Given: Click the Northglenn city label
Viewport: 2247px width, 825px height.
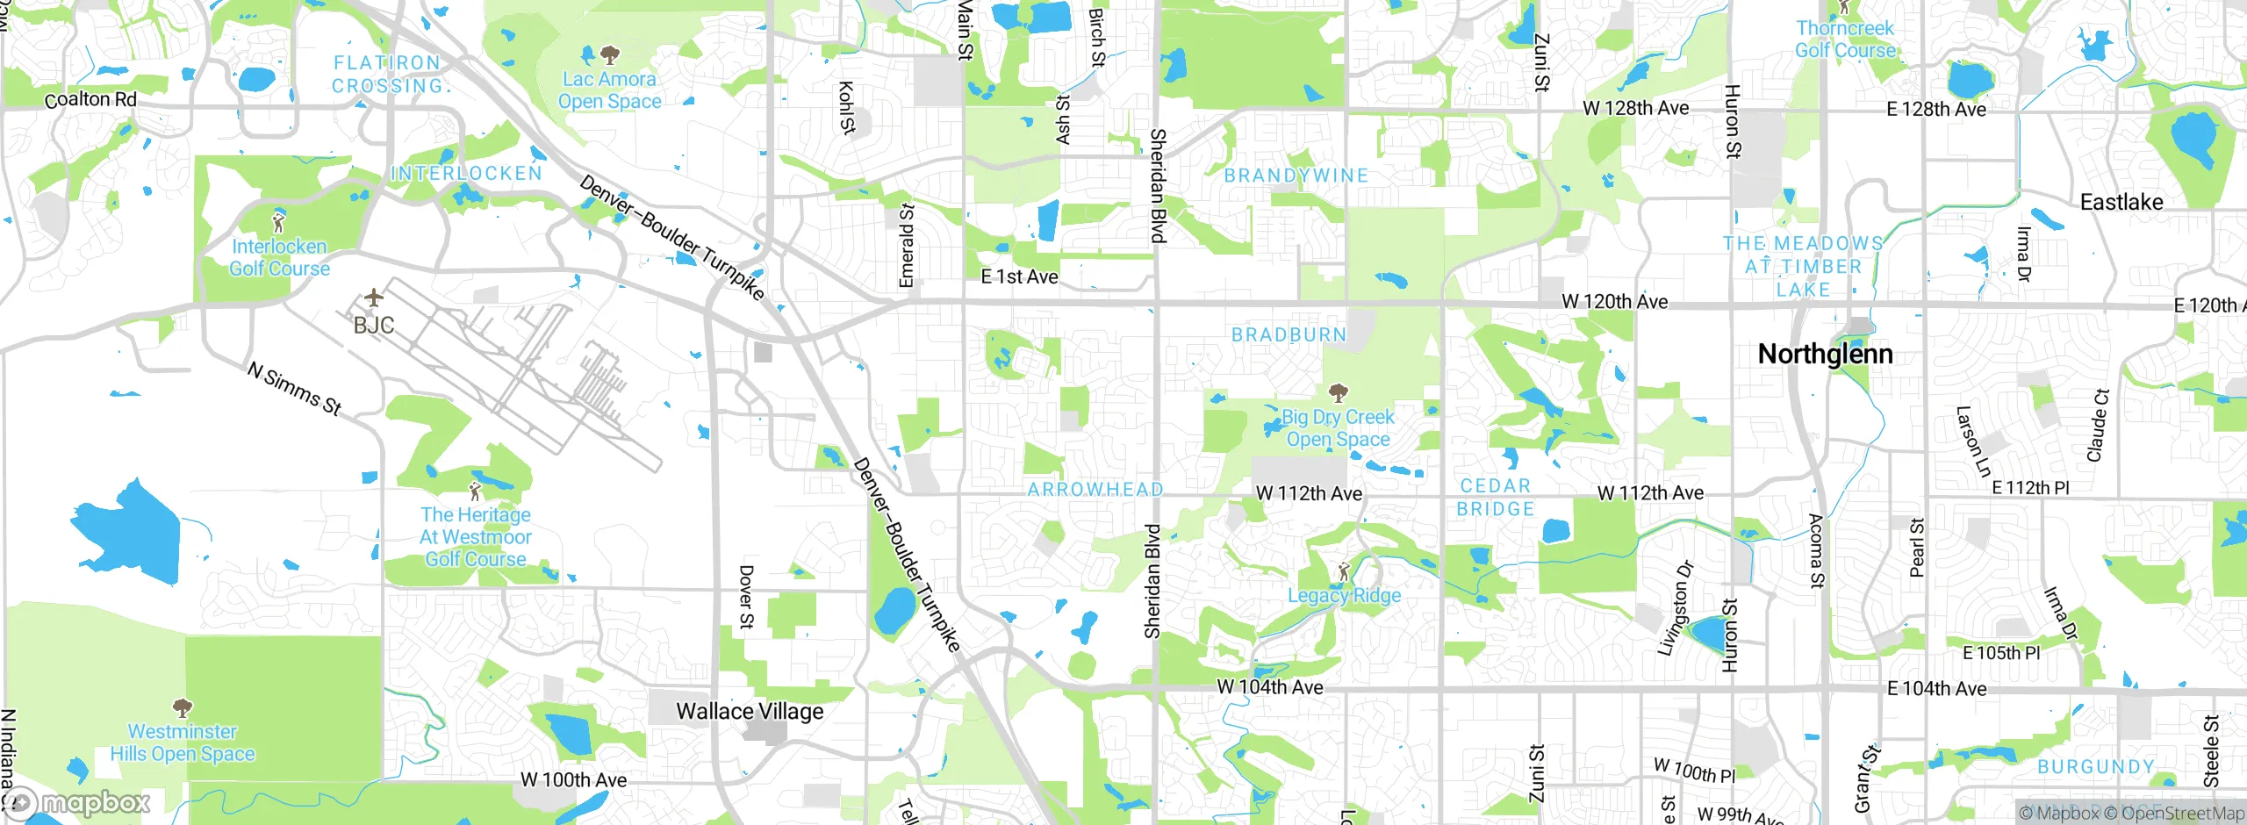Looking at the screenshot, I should [1826, 354].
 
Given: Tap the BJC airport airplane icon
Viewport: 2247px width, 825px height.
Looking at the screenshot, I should [374, 298].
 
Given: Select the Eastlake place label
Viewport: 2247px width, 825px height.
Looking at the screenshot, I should [2121, 202].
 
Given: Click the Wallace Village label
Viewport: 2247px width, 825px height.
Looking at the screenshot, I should [750, 711].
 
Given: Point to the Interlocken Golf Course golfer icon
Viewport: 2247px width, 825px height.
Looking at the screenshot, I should [279, 222].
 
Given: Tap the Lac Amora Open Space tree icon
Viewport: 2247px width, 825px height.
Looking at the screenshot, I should [610, 56].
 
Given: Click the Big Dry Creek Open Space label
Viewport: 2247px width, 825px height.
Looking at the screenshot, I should [1338, 428].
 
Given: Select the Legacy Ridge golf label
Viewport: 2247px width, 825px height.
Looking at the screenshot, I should [1344, 595].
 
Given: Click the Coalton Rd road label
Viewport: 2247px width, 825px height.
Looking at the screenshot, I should [90, 99].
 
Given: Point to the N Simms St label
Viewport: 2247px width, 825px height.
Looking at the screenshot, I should [294, 388].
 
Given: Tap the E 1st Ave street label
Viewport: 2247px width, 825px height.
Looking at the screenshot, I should [1019, 276].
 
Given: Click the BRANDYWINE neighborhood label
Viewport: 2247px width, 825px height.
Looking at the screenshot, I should [1296, 176].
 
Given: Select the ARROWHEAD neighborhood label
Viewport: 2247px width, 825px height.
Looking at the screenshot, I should [1095, 489].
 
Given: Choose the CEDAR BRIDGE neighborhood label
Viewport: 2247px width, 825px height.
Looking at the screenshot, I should [1496, 497].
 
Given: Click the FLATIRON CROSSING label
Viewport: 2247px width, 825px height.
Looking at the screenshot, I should [387, 75].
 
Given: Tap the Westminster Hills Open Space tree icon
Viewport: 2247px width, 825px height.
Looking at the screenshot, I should [183, 707].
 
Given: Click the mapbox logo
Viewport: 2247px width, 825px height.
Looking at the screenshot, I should [79, 802].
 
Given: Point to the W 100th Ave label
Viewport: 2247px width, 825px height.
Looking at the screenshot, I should [573, 779].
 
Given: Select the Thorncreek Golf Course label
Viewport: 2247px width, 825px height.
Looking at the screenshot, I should [1845, 39].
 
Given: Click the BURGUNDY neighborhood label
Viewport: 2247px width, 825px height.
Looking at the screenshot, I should [2096, 767].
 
